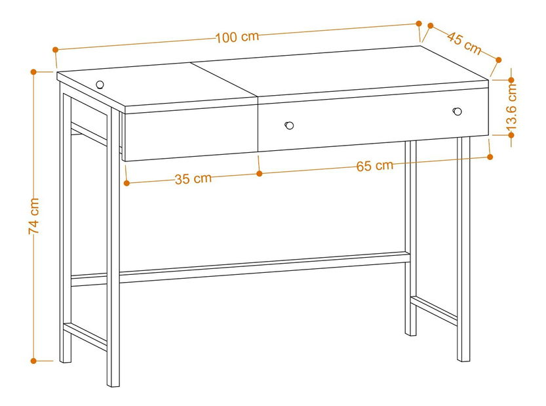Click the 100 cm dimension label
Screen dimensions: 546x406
click(x=237, y=37)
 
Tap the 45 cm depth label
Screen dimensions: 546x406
click(x=465, y=43)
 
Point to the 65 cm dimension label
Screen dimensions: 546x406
click(x=375, y=166)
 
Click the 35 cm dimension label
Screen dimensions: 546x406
click(x=193, y=179)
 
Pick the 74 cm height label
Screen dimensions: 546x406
click(x=34, y=216)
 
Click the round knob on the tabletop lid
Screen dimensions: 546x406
click(x=100, y=85)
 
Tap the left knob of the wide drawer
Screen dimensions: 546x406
click(x=289, y=125)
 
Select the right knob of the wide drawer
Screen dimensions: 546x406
click(x=458, y=111)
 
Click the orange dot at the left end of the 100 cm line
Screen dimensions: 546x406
click(x=55, y=50)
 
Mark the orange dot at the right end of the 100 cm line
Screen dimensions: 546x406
click(x=419, y=24)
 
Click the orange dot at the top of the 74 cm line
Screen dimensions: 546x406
click(x=33, y=71)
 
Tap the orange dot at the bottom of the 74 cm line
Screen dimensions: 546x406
click(x=33, y=361)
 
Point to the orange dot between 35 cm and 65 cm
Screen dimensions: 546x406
click(x=259, y=173)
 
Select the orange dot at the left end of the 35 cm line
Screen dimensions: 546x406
click(x=127, y=182)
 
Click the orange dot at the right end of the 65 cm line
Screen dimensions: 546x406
click(x=490, y=157)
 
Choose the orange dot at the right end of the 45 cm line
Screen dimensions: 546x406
click(x=498, y=60)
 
